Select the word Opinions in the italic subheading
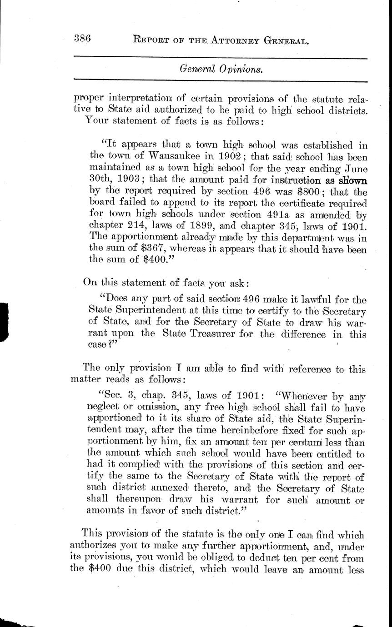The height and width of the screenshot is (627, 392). [239, 69]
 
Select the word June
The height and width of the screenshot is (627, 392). [353, 169]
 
